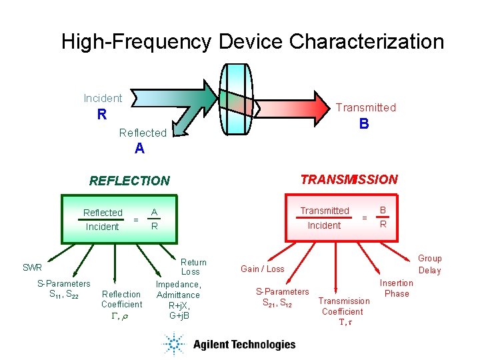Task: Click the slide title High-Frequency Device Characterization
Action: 253,41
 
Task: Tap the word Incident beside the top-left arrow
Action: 103,98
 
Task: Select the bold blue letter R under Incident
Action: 102,115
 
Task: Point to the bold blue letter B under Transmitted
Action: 363,123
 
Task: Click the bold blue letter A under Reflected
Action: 139,149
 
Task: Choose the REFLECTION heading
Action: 130,181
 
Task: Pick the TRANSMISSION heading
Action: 349,179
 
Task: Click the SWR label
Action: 32,267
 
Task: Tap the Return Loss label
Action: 193,267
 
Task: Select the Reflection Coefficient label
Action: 121,299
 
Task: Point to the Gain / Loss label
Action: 263,269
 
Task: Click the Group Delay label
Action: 430,264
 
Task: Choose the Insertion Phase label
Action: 397,288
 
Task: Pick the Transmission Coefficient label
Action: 344,306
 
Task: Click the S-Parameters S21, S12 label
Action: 283,297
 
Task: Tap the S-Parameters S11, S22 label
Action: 63,289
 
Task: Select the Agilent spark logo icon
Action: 175,344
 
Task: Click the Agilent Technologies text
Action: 244,345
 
